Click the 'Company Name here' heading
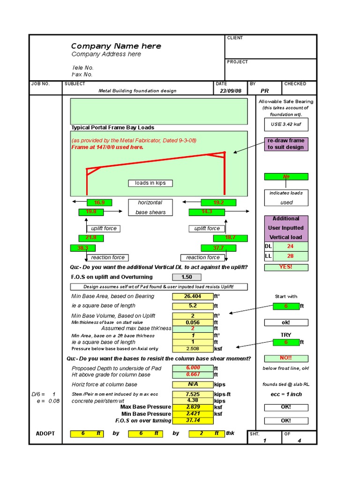point(116,46)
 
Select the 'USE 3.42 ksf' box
point(286,124)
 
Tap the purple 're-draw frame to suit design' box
point(286,144)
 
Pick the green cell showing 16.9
point(99,202)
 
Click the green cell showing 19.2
point(218,202)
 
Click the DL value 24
point(290,247)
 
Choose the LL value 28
point(290,256)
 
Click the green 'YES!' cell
point(286,267)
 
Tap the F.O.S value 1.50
point(187,277)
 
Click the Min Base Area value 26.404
point(193,296)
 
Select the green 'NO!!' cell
point(286,359)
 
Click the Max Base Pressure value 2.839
point(193,407)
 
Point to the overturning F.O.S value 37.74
point(193,420)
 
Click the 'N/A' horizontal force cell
point(193,384)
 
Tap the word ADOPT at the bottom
point(45,434)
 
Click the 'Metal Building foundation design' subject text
point(137,91)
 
